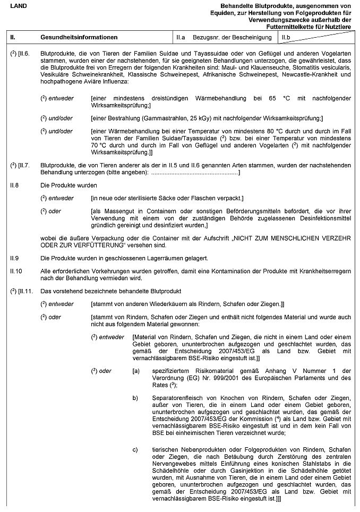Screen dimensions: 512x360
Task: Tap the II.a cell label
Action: [x=181, y=38]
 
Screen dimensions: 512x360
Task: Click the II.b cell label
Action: [x=285, y=38]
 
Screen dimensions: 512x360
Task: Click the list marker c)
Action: [x=135, y=450]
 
